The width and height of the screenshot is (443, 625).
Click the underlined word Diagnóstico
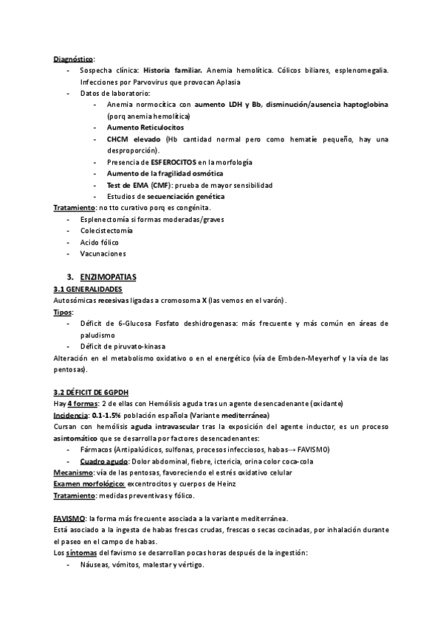point(73,59)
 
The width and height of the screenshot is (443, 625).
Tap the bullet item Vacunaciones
point(103,254)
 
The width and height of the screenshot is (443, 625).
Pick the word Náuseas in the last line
point(97,565)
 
